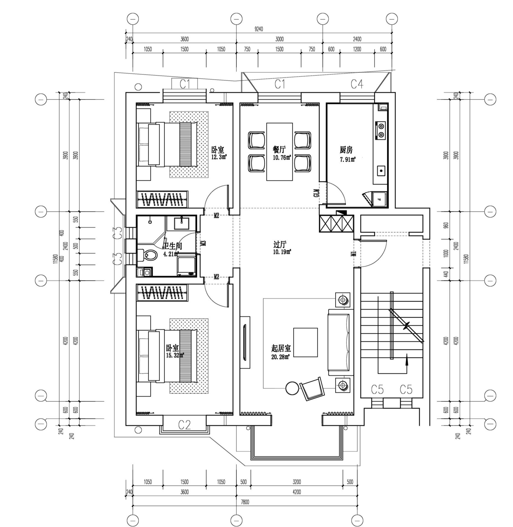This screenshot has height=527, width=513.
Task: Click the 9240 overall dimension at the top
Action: [x=258, y=29]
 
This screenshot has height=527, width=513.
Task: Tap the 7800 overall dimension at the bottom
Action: [x=245, y=502]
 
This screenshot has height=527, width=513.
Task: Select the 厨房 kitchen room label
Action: [x=346, y=150]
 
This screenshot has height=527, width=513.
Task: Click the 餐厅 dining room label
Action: [x=279, y=150]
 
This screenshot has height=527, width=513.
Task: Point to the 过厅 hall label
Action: [x=280, y=245]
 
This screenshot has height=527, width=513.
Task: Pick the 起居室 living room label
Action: [x=281, y=348]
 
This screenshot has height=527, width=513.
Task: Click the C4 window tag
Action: [x=357, y=84]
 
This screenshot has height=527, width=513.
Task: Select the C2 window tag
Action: [x=184, y=425]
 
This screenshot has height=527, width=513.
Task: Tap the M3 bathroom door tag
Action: [x=204, y=243]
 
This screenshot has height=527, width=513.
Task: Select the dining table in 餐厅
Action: [x=279, y=152]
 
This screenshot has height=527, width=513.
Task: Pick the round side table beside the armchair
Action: [x=292, y=388]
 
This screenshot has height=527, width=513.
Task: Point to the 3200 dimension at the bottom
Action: [x=297, y=482]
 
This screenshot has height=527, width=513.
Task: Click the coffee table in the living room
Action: [x=305, y=342]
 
